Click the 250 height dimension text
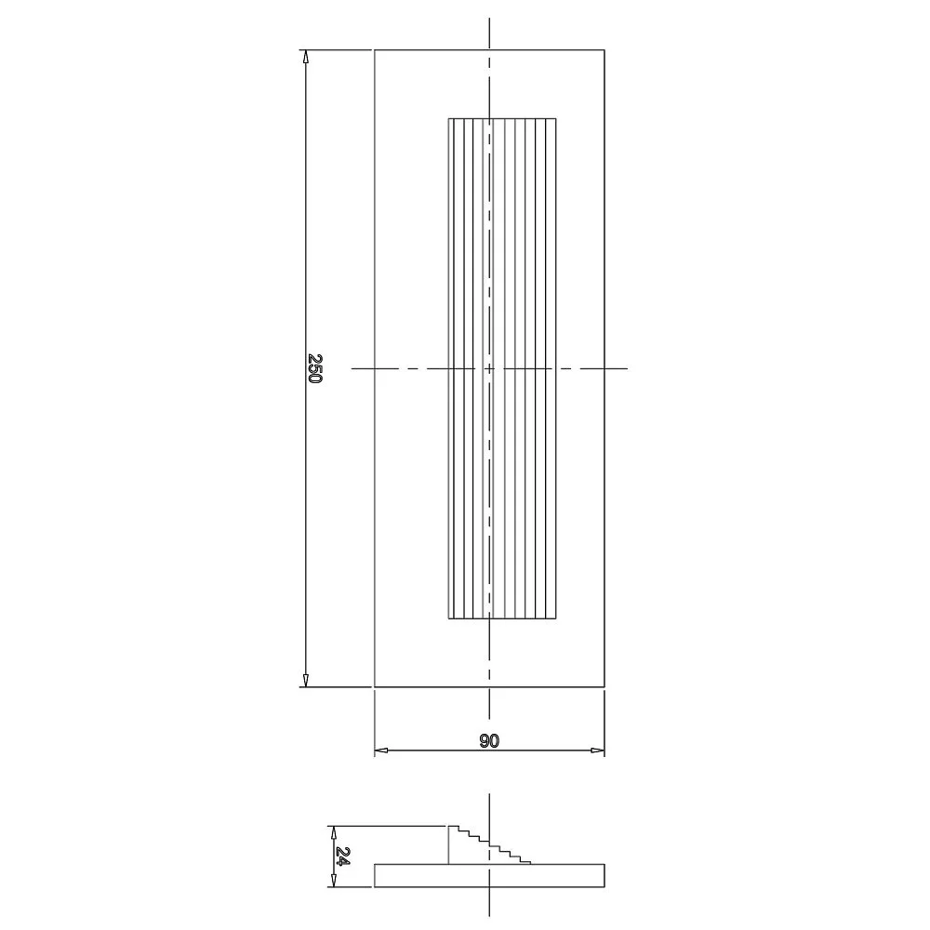315,368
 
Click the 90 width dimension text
489,740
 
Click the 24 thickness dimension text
342,856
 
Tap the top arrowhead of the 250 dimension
305,57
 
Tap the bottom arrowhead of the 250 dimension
305,681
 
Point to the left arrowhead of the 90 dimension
381,751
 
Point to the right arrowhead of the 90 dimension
597,751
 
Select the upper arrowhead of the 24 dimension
333,831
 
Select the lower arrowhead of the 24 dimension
333,881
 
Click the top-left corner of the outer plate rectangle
375,50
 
